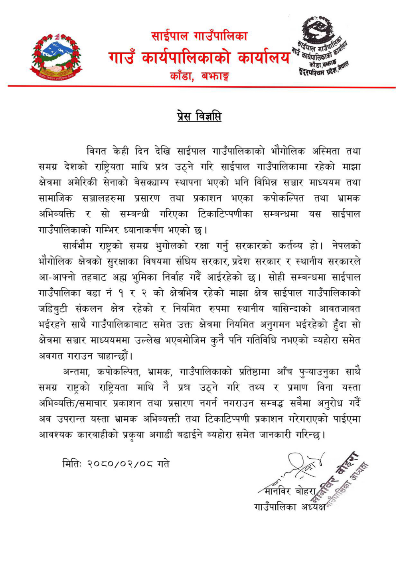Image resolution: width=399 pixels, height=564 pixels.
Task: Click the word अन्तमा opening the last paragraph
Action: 79,372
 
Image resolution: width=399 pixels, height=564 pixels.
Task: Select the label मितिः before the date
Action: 72,464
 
